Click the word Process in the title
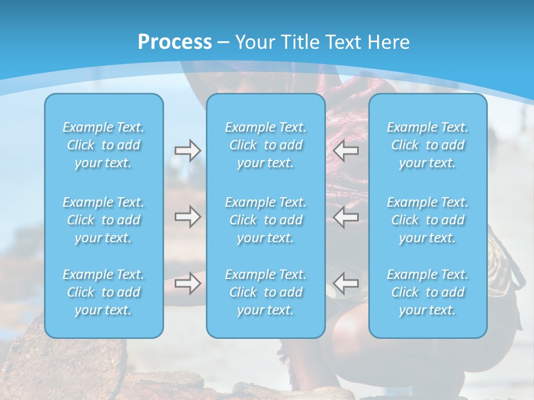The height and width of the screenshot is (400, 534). [175, 42]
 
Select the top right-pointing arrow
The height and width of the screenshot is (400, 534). [187, 151]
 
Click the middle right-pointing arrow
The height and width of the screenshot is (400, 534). [187, 217]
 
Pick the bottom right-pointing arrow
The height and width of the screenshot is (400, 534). [187, 283]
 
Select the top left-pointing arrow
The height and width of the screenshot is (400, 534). [346, 151]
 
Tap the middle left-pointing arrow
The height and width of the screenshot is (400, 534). [346, 217]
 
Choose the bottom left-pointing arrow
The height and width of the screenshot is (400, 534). [346, 283]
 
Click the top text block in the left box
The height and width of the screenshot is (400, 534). [103, 145]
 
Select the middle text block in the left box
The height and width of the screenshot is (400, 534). [103, 220]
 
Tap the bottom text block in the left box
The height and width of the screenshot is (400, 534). [103, 292]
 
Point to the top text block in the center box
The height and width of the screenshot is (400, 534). [266, 145]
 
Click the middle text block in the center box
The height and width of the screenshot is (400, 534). [266, 220]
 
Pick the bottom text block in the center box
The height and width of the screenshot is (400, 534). [266, 292]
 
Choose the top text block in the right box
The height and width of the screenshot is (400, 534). [428, 145]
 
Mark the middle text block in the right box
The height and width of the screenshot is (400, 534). [428, 220]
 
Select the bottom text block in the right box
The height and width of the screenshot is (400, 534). [428, 292]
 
